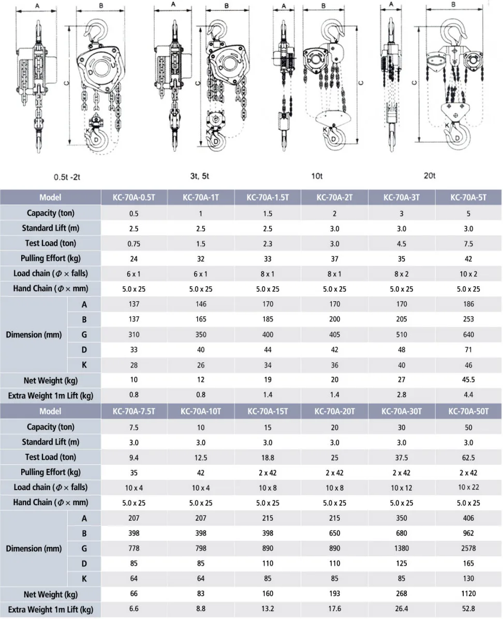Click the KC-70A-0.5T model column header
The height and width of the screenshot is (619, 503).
tap(134, 197)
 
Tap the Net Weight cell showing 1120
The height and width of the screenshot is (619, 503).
tap(468, 594)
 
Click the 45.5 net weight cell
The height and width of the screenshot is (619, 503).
tap(468, 380)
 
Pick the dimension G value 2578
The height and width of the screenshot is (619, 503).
tap(468, 548)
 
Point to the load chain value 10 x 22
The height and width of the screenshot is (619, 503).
tap(468, 487)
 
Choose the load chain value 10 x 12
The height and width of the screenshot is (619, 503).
tap(402, 487)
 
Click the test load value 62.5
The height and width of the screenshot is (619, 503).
tap(468, 457)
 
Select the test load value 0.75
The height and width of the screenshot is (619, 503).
tap(134, 243)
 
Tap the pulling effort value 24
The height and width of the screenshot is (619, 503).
tap(134, 258)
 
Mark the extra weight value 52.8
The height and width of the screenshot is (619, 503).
tap(468, 609)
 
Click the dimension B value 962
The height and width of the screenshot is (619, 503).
tap(468, 533)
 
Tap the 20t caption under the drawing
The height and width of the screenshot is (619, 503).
tap(430, 176)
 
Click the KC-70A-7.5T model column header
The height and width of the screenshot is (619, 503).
tap(134, 411)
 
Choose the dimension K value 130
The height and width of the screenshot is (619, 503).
tap(468, 579)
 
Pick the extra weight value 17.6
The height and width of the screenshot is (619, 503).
tap(335, 609)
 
